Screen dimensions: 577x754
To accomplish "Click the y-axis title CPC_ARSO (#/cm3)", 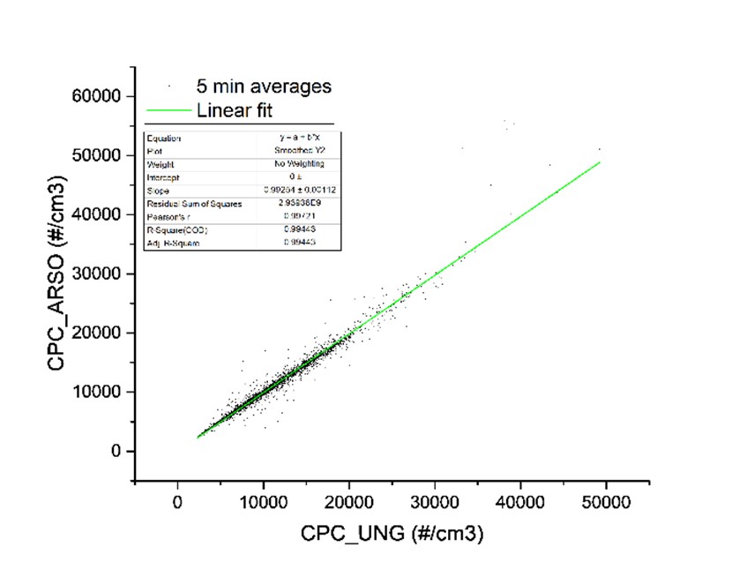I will click(58, 274).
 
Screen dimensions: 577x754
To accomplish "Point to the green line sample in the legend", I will click(169, 110).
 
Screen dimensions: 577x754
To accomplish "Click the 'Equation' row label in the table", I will click(164, 139).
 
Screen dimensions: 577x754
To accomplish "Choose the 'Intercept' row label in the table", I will click(161, 177).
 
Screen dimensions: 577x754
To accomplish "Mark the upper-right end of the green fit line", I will click(600, 162).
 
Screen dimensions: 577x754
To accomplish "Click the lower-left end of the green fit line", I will click(198, 437).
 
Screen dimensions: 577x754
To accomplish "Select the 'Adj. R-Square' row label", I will click(172, 243).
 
